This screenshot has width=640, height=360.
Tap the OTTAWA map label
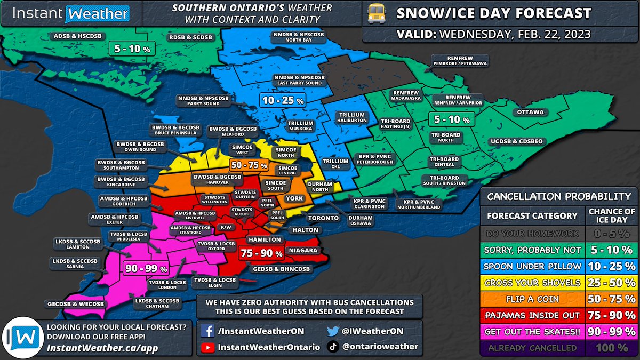click(x=530, y=113)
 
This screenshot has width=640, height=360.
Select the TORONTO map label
click(x=322, y=218)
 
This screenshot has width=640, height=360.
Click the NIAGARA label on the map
click(x=302, y=250)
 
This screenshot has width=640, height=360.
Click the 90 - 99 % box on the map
click(x=145, y=268)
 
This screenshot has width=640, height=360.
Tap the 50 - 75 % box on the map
click(x=249, y=165)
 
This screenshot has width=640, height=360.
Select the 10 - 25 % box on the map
click(x=282, y=100)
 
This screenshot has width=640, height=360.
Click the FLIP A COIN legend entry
click(x=533, y=299)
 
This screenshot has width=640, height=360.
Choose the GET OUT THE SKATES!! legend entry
click(x=533, y=332)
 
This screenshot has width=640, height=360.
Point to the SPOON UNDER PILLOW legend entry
click(x=533, y=266)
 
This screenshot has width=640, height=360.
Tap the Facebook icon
click(x=207, y=331)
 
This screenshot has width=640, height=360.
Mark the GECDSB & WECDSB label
click(x=74, y=304)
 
